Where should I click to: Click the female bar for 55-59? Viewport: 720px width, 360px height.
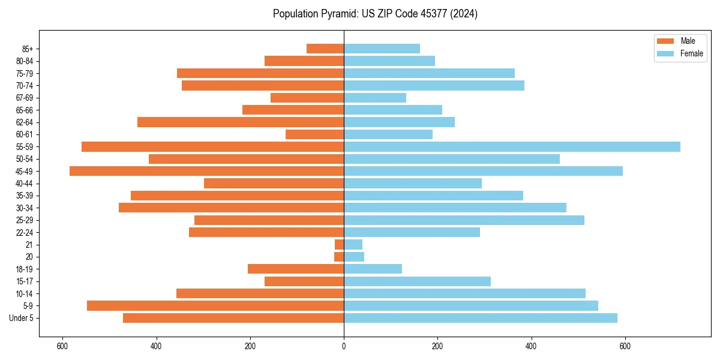(512, 146)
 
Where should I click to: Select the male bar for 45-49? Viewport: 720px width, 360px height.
(206, 171)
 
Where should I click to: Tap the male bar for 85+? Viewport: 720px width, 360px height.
(325, 49)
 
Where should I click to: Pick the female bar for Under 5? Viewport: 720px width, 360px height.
(480, 318)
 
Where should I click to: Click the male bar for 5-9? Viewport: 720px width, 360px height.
(215, 306)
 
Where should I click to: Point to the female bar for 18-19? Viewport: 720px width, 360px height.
(373, 269)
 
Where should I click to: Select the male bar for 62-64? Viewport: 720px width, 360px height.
(241, 122)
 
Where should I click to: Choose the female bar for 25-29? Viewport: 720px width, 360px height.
(464, 220)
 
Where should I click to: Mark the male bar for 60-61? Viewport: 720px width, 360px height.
(314, 134)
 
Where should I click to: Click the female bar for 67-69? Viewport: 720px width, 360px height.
(375, 98)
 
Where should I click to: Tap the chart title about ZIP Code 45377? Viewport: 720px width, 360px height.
(375, 14)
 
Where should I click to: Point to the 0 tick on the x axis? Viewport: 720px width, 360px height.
(344, 346)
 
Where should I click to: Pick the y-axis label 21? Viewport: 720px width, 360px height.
(29, 245)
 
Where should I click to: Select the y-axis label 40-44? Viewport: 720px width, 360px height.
(25, 184)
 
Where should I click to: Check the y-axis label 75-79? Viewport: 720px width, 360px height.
(25, 73)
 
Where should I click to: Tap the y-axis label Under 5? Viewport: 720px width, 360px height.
(22, 318)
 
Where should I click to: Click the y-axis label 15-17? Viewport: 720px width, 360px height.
(25, 281)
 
